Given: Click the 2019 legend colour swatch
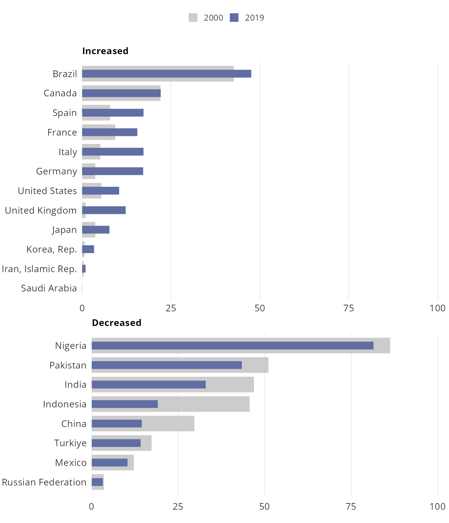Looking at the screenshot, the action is click(234, 18).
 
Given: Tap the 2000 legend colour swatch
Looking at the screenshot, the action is click(193, 18).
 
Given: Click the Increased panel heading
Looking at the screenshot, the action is click(105, 51).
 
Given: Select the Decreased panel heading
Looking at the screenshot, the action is click(117, 323).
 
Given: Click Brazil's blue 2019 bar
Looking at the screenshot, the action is click(167, 74).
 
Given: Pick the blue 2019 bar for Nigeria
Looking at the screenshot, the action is click(232, 346).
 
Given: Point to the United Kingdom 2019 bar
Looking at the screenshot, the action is click(104, 210).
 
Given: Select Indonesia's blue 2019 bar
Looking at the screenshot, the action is click(125, 404).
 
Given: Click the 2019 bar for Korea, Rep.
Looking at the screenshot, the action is click(88, 249).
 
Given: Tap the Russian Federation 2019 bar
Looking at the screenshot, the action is click(97, 482).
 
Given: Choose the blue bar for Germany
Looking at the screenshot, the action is click(113, 171).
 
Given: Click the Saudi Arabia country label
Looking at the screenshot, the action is click(49, 288).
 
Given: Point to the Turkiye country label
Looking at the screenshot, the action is click(71, 443).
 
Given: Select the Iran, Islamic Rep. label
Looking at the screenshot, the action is click(39, 269).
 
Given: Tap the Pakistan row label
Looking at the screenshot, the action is click(68, 365).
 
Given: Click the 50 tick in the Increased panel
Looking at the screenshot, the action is click(260, 308).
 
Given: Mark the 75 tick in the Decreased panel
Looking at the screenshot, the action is click(351, 507).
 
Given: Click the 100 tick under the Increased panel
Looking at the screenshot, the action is click(438, 308).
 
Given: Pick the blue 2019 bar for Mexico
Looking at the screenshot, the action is click(110, 463).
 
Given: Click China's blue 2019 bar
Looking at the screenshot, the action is click(117, 424).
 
